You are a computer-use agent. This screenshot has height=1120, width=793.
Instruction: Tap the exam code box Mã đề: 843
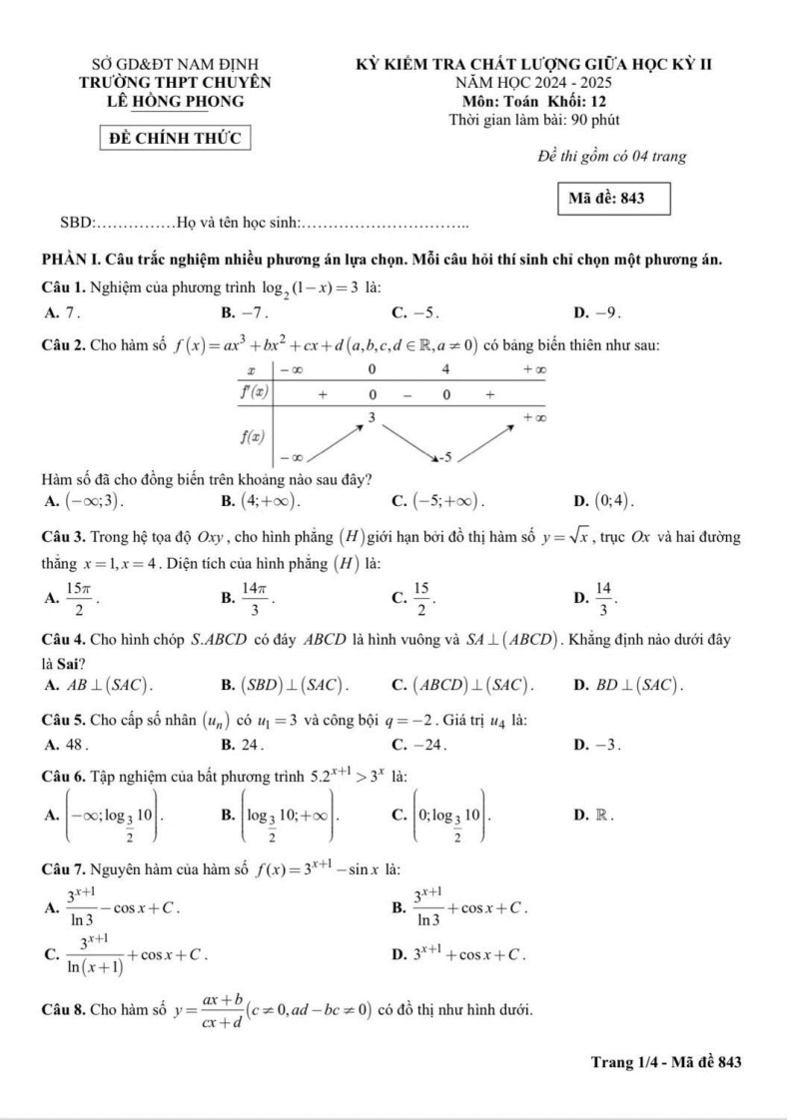tap(606, 198)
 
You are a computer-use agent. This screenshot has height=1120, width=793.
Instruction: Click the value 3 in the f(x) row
tap(371, 414)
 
